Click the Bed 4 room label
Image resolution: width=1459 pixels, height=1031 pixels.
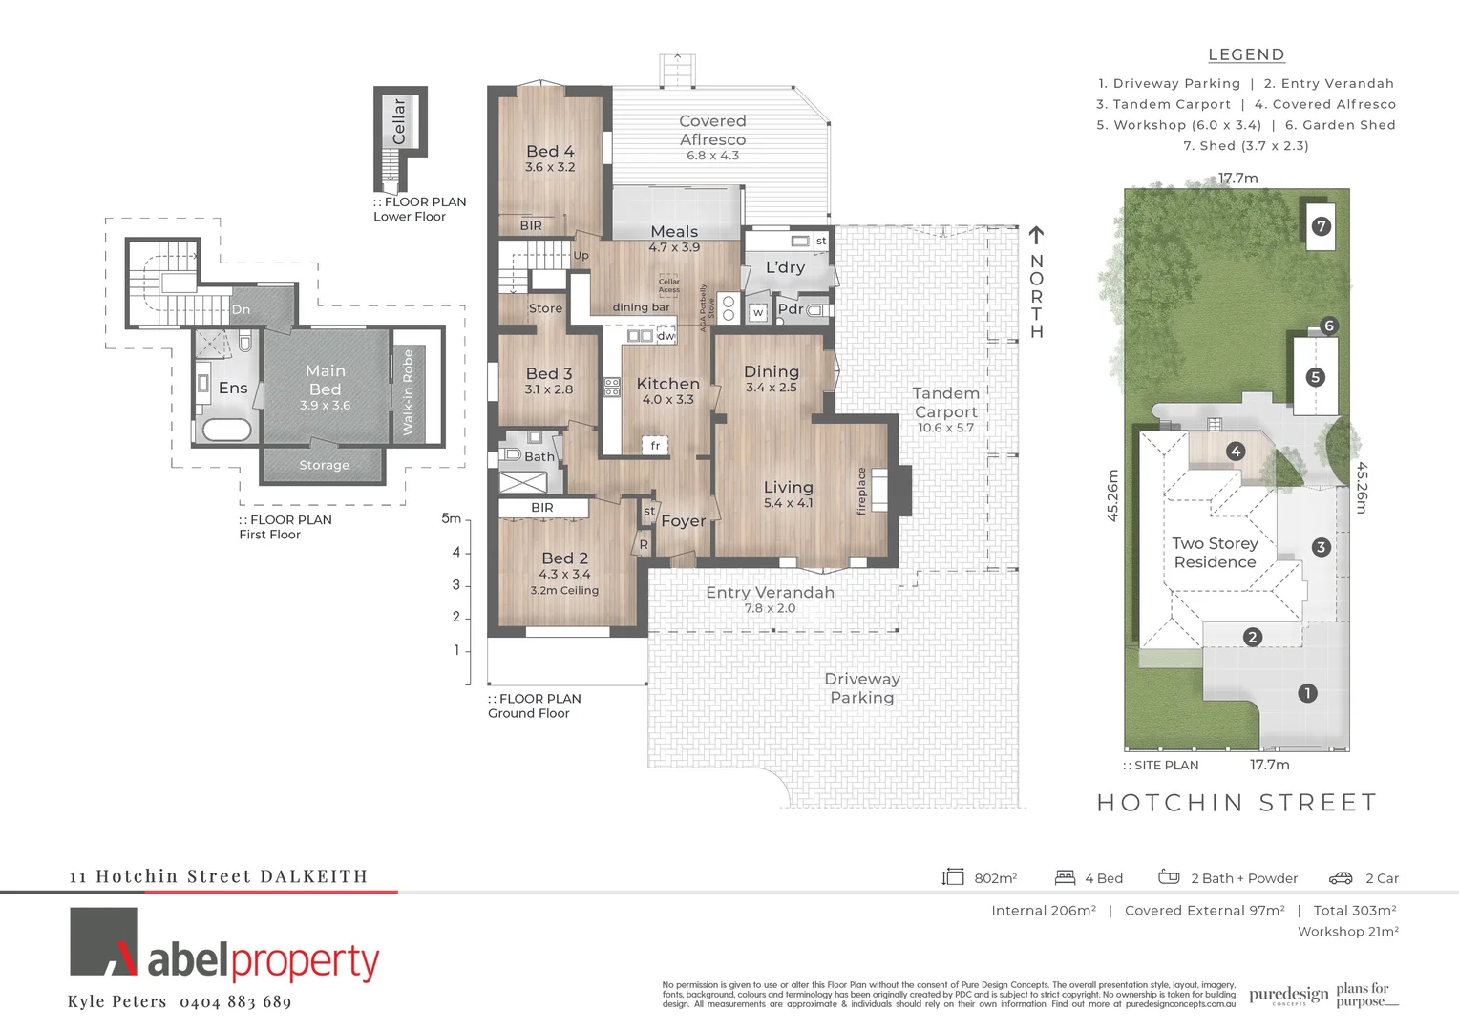point(550,151)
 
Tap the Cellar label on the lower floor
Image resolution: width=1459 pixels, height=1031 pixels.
point(399,121)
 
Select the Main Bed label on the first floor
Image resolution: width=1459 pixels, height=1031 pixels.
point(325,380)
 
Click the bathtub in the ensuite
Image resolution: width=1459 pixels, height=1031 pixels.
point(226,430)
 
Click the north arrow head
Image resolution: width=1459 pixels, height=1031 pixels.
point(1036,234)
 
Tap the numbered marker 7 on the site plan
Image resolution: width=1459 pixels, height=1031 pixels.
point(1321,226)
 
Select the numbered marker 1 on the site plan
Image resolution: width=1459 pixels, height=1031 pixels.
point(1307,693)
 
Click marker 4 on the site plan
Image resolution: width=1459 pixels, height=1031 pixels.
point(1236,452)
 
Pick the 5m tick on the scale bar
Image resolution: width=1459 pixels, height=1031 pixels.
point(452,519)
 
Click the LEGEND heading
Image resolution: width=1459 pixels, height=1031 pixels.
point(1246,55)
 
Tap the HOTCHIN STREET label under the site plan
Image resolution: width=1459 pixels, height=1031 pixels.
point(1237,803)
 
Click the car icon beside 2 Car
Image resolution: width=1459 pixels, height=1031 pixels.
point(1341,878)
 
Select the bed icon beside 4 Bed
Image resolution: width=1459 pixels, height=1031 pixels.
point(1065,878)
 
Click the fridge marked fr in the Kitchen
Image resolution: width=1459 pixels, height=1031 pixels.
point(655,445)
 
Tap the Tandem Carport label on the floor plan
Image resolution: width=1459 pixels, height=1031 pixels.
point(945,403)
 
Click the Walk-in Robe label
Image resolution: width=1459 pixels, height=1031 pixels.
point(408,392)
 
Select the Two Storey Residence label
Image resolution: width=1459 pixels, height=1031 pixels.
point(1215,553)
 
